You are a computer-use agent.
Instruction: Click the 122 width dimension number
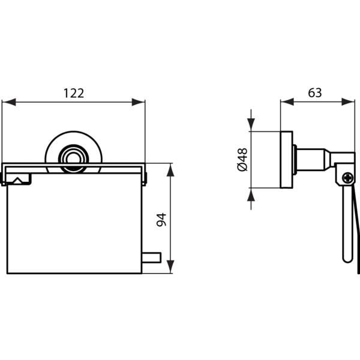point(73,93)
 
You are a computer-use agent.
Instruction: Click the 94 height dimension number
point(161,220)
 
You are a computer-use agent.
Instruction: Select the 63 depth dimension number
point(315,93)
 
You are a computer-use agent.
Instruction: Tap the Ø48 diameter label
point(242,160)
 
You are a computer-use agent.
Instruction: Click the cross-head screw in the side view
point(348,178)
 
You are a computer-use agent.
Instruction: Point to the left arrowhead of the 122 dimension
point(9,102)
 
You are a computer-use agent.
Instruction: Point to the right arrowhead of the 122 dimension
point(138,102)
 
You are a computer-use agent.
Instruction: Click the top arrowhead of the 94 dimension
point(170,170)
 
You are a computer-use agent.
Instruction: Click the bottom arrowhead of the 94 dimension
point(170,266)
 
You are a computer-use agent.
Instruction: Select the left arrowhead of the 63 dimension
point(287,102)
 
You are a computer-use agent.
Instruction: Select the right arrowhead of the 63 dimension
point(348,102)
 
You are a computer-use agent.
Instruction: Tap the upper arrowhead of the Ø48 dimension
point(251,125)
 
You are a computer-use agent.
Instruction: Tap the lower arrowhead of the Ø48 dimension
point(251,194)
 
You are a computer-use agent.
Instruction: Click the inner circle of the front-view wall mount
point(73,158)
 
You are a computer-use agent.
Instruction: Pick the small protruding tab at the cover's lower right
point(151,257)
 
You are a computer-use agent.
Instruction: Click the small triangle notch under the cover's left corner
point(17,181)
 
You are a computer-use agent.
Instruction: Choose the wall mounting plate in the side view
point(287,160)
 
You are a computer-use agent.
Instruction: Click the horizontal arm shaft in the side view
point(311,160)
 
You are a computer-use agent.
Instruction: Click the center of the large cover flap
point(74,223)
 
